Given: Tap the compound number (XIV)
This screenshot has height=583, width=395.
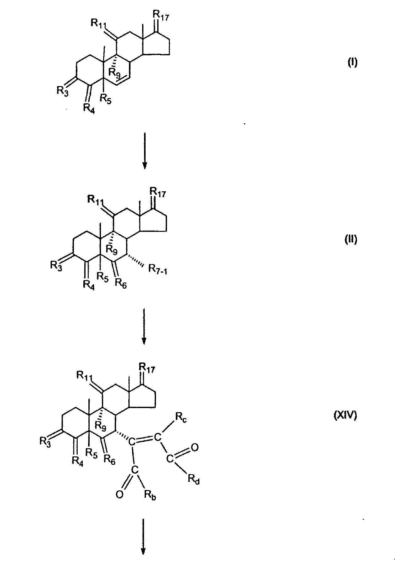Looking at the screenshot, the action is click(x=345, y=417).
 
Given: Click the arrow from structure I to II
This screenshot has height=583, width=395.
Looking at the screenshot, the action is click(x=145, y=150).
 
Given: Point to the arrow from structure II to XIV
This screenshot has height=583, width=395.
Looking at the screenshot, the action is click(x=144, y=326).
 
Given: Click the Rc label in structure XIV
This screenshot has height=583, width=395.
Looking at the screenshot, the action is click(x=181, y=418).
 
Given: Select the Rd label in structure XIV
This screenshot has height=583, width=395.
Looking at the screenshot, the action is click(x=194, y=479).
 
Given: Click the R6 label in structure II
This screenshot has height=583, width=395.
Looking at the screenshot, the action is click(x=120, y=283).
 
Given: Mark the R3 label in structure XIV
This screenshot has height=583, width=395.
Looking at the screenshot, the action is click(x=45, y=441).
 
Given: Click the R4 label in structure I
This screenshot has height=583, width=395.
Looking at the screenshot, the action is click(x=89, y=107).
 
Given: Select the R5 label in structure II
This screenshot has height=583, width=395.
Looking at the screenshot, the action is click(x=102, y=276).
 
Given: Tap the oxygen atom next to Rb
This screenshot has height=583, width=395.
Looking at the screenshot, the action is click(x=119, y=495).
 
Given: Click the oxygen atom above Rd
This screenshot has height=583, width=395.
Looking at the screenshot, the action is click(x=195, y=447).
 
